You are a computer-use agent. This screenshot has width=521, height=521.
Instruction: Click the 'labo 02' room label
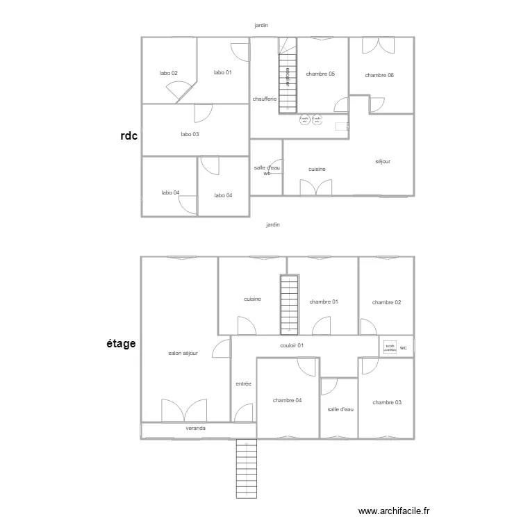(169, 73)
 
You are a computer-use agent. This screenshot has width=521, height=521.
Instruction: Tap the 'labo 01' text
(222, 72)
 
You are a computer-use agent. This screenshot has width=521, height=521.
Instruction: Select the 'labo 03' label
(190, 134)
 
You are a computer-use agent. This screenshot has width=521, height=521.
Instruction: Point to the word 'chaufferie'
(265, 99)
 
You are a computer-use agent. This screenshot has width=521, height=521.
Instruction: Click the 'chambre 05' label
(320, 73)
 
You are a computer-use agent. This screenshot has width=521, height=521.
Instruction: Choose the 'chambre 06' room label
(379, 75)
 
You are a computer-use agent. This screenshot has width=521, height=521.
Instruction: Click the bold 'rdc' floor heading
(129, 137)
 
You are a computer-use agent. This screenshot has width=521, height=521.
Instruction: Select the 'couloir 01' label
(292, 345)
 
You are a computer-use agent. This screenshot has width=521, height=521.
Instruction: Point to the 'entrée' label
(243, 383)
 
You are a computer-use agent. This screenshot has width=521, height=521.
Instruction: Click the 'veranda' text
(195, 429)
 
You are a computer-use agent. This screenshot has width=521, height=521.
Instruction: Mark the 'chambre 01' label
(324, 301)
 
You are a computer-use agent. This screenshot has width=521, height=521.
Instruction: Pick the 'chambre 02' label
(386, 302)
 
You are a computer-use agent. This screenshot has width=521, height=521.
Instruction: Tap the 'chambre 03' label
(386, 402)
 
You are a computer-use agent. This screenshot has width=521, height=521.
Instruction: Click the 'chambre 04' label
(287, 400)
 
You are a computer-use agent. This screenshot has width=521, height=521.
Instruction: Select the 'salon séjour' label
(183, 353)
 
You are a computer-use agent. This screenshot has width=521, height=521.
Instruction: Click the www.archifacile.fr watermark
(394, 511)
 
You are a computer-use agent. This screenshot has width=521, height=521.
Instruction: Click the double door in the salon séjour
(184, 411)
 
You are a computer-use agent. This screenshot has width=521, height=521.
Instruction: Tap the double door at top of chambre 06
(379, 44)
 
